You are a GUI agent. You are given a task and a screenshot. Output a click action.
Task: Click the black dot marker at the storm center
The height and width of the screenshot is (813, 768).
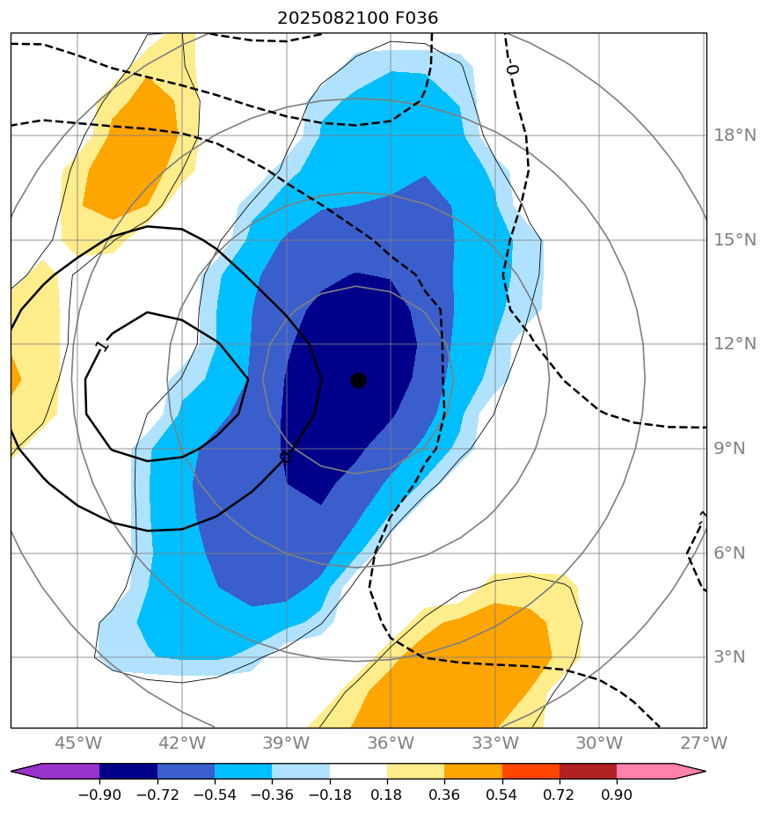[x=358, y=380]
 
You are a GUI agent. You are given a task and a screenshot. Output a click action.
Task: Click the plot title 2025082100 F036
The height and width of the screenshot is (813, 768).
[x=357, y=18]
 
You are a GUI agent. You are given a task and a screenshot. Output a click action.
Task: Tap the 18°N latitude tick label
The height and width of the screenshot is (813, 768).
[x=735, y=135]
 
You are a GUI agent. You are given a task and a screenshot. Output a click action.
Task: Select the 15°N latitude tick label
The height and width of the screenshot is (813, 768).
[x=735, y=240]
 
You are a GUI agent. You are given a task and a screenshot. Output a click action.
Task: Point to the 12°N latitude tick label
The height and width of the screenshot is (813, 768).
[x=735, y=344]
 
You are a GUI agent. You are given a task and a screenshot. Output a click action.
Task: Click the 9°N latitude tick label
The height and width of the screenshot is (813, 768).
[x=730, y=449]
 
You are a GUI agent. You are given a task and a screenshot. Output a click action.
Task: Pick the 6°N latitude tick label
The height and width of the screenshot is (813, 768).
[x=730, y=553]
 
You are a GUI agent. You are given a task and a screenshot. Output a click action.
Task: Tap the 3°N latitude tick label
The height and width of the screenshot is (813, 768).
[x=730, y=657]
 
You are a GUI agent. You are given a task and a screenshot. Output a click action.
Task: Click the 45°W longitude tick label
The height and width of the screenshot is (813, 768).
[x=77, y=743]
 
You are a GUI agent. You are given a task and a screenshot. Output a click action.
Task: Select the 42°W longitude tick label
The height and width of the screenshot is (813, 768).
[x=182, y=743]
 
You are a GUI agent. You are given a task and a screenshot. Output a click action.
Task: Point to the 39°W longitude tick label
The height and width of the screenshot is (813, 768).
[x=286, y=743]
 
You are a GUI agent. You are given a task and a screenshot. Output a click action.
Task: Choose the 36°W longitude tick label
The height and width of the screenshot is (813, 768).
[x=390, y=743]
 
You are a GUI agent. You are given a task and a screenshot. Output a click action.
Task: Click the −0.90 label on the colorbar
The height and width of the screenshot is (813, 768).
[x=99, y=795]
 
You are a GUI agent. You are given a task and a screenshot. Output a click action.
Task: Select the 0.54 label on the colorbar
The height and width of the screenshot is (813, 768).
[x=501, y=795]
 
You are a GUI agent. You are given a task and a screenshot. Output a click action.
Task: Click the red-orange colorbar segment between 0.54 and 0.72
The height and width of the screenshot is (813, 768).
[x=530, y=772]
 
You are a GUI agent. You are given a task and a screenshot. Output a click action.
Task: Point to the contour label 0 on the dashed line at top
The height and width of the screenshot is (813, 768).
[x=512, y=69]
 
